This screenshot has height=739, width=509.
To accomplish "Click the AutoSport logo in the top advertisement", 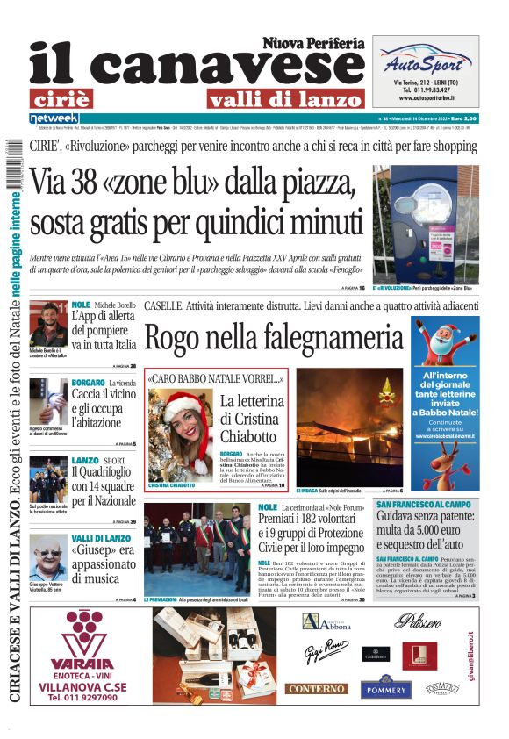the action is point(425,63).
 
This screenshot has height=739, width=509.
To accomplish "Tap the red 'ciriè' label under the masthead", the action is point(73,98).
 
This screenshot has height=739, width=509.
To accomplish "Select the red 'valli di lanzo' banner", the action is point(285,98).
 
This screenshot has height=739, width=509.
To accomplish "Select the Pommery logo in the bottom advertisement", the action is point(388,687).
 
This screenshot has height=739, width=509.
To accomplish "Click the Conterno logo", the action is point(317,689).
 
